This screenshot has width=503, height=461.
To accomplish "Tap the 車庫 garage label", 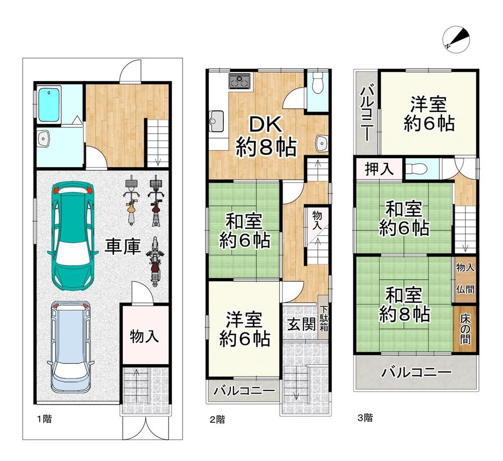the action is click(123, 247).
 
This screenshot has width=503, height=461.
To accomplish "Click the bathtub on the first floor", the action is click(49, 104).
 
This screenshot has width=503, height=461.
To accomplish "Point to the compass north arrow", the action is click(456, 39).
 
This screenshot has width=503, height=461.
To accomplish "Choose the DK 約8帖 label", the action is click(266, 136).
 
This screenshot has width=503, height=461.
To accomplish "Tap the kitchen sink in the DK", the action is click(216, 121).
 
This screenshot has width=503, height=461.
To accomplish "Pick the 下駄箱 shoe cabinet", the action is click(323, 318).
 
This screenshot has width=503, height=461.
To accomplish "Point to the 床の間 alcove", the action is click(465, 329).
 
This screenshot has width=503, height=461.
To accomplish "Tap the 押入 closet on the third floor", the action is click(379, 169).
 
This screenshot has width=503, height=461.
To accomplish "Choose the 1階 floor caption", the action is click(44, 419).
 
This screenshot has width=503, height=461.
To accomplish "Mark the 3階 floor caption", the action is click(365, 418).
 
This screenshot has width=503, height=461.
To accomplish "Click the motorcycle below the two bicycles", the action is click(154, 261).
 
